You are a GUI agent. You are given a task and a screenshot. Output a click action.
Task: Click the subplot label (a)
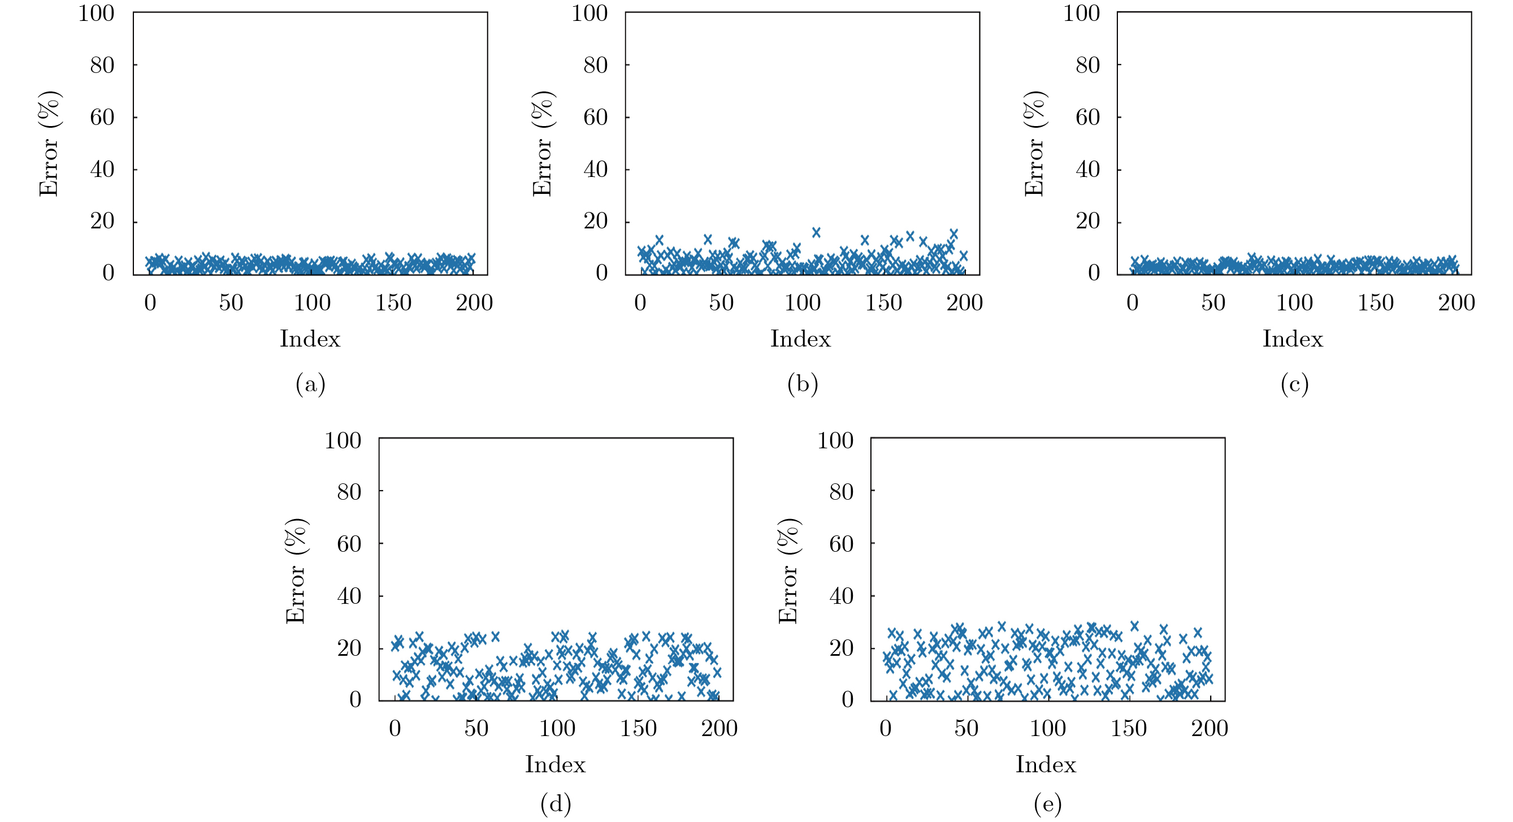[310, 384]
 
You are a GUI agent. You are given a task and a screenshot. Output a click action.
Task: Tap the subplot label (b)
[803, 384]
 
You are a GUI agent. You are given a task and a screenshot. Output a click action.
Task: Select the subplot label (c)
[1294, 384]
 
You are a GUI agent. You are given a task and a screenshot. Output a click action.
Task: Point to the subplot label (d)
[556, 804]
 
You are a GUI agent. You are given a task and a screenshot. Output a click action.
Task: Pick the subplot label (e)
[1048, 804]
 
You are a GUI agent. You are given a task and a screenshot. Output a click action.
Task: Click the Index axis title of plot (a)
[310, 339]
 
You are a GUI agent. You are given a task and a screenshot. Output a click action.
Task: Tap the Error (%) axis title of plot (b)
[542, 144]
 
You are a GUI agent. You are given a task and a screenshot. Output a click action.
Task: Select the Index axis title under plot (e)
[1046, 764]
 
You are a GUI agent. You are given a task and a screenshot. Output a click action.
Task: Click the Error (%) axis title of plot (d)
[296, 570]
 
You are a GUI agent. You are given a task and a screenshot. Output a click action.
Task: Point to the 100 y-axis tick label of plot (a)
[96, 13]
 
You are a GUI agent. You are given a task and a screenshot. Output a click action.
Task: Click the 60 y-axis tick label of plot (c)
[1087, 118]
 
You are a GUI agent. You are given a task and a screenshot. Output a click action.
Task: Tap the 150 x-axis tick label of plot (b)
[883, 303]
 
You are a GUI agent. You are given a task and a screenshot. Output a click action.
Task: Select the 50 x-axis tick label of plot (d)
[476, 729]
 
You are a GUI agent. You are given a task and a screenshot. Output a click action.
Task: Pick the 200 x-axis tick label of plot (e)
[1209, 729]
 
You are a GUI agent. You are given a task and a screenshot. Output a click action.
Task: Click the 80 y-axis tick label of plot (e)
[841, 492]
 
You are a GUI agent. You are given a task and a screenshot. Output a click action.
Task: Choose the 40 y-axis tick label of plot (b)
[595, 170]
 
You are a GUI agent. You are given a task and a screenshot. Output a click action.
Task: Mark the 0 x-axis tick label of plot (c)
[1133, 303]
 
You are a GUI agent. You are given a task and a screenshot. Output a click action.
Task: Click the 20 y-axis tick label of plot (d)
[349, 648]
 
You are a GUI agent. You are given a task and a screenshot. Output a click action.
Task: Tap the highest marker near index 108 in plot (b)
[816, 232]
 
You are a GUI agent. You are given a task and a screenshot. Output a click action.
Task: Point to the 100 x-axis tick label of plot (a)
[312, 303]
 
